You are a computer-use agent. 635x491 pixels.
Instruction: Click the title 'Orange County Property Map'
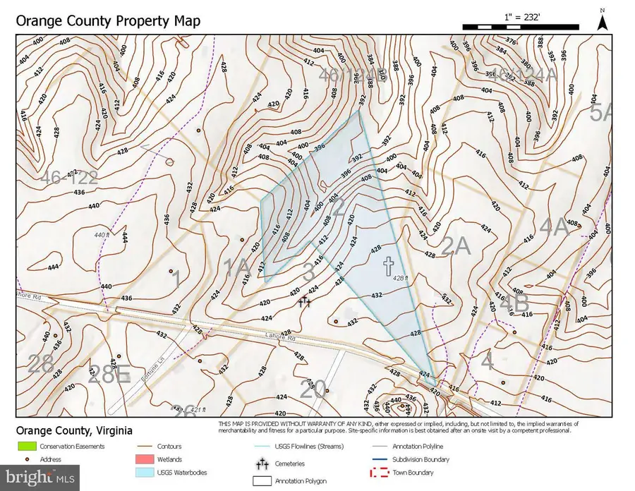(107, 20)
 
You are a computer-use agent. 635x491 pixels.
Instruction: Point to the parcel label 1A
(236, 267)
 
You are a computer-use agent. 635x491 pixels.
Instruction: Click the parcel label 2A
(455, 245)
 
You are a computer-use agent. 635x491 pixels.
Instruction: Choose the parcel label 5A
(602, 113)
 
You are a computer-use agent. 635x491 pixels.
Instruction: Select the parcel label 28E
(109, 374)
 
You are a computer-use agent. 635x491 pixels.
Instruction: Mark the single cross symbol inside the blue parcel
(387, 265)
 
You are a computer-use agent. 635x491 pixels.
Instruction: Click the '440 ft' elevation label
(103, 235)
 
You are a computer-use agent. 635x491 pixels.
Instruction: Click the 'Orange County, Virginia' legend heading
(73, 431)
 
